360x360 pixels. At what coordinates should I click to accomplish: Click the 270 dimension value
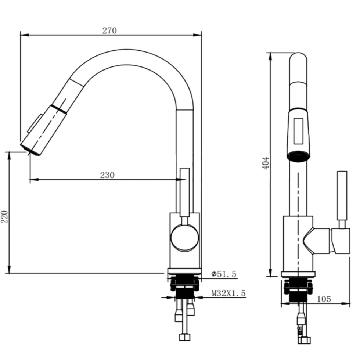click(x=109, y=30)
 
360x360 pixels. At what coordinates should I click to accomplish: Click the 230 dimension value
click(x=107, y=175)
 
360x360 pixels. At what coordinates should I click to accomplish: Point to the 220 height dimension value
click(x=5, y=217)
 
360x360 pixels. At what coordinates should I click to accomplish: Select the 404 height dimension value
click(x=266, y=163)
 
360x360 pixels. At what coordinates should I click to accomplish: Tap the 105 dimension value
click(x=324, y=299)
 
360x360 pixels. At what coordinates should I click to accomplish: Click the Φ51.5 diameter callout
click(x=224, y=274)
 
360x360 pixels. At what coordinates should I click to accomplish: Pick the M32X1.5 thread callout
click(x=228, y=293)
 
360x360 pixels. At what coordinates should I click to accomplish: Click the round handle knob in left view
click(x=184, y=238)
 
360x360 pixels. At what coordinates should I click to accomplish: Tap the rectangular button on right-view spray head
click(x=298, y=131)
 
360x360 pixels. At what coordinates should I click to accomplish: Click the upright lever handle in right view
click(x=342, y=196)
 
